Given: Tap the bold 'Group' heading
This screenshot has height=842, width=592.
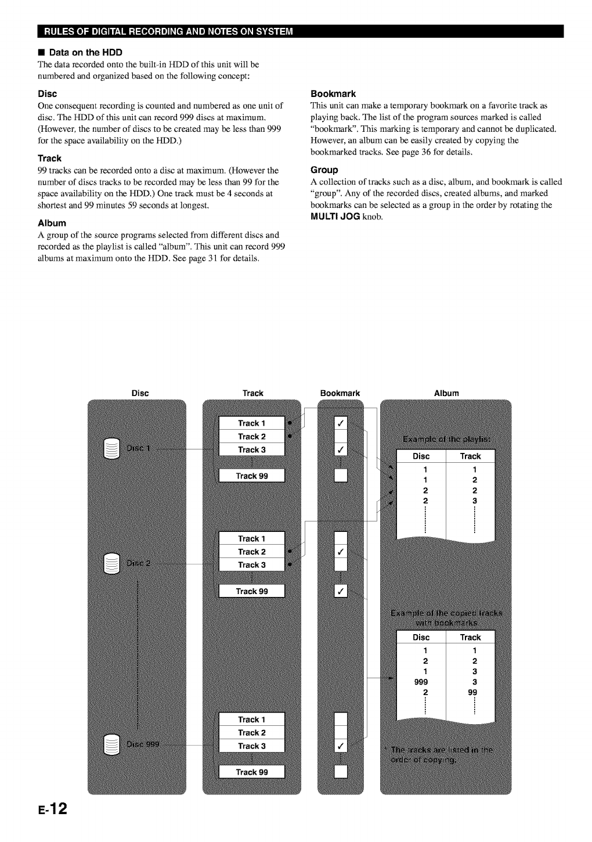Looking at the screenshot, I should [x=324, y=170].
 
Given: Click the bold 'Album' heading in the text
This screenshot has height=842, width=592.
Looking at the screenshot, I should [x=52, y=223].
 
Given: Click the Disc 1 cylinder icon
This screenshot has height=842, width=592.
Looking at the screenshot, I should [x=111, y=449].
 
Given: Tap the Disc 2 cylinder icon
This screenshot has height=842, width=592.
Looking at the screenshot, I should [x=111, y=563].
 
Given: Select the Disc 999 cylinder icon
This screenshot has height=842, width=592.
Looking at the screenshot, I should [x=111, y=745].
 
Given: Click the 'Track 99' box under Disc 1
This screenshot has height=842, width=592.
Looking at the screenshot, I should [x=252, y=476].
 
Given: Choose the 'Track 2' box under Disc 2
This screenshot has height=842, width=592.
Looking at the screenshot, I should [x=252, y=552].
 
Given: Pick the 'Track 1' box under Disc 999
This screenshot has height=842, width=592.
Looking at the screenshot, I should [x=252, y=719].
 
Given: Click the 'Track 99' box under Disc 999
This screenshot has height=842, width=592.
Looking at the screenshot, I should [x=252, y=772].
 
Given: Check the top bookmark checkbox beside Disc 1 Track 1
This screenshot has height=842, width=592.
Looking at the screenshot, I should [x=341, y=423].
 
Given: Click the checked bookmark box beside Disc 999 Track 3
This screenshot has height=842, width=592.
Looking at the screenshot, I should [x=341, y=746].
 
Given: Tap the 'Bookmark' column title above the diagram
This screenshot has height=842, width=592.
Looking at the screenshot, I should [x=340, y=393].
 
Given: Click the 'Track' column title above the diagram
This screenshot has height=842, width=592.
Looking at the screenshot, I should [x=252, y=393].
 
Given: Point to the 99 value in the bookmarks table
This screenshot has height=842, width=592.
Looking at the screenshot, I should [x=472, y=692].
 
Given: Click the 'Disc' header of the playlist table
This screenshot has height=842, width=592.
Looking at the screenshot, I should [x=421, y=456].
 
